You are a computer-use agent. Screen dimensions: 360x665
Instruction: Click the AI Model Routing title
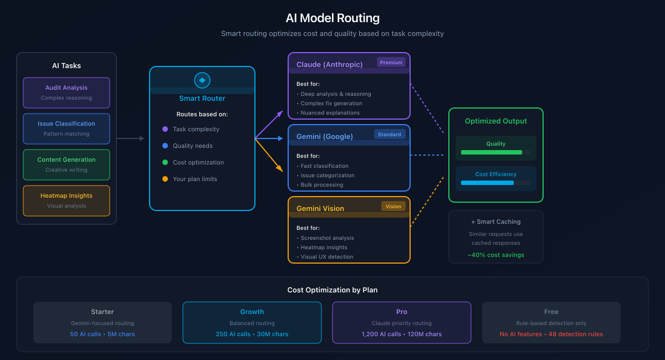coord(332,18)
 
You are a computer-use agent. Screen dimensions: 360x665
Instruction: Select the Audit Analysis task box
coord(66,92)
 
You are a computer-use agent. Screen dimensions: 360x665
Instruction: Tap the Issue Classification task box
coord(66,128)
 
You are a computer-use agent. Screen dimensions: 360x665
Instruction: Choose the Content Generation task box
coord(66,164)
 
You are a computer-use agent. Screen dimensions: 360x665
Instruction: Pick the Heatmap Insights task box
coord(66,200)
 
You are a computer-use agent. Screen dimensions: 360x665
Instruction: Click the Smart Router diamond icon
coord(202,80)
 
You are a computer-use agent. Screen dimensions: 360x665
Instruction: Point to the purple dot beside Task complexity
coord(165,129)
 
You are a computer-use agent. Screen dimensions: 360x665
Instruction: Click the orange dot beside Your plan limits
coord(165,179)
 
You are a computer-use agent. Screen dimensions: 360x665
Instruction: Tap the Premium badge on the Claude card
coord(391,63)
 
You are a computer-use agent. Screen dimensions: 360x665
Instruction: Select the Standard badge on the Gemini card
coord(390,134)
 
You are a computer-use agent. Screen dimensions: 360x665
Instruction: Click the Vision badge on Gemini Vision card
coord(393,206)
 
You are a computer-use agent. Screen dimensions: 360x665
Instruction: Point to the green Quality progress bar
coord(492,152)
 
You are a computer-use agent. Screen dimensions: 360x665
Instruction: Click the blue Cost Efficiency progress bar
coord(488,183)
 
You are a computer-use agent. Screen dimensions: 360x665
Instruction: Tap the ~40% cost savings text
coord(496,255)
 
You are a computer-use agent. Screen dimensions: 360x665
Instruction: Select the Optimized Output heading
coord(496,121)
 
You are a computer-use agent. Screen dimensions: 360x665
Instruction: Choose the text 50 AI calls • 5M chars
coord(103,334)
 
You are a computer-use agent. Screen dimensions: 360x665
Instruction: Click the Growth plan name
coord(252,312)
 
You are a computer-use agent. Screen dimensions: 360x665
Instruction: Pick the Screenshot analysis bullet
coord(327,238)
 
